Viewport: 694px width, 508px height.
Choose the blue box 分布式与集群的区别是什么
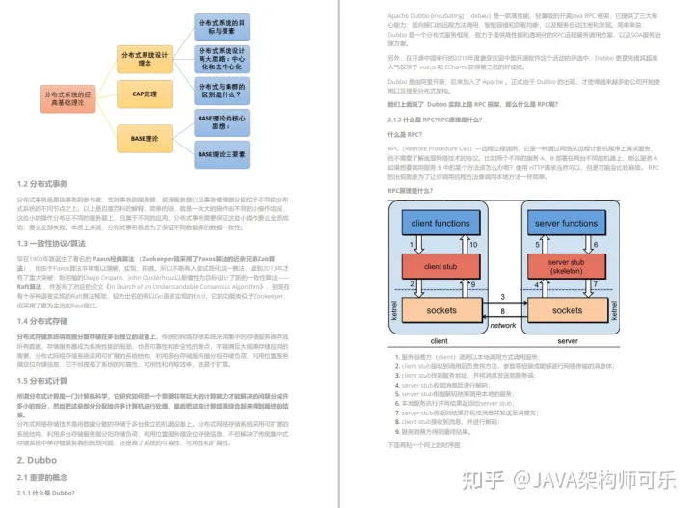[x=222, y=92]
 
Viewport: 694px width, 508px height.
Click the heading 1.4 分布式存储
[x=42, y=321]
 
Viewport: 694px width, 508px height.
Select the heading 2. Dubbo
[x=37, y=460]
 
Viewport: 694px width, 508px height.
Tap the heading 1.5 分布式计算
[x=42, y=382]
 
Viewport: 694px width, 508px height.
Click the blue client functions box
[x=440, y=224]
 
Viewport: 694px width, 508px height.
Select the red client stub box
[x=440, y=265]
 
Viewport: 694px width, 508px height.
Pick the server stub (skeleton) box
[x=566, y=265]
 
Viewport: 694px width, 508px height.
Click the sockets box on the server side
[x=566, y=311]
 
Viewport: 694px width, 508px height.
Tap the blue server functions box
[x=566, y=224]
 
